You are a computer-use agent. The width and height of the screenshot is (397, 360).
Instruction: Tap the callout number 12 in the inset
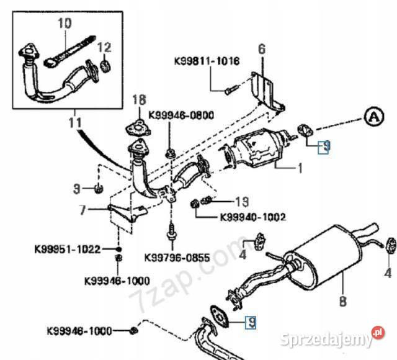(x=104, y=47)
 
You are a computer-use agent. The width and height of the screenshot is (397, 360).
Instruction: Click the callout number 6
(x=261, y=48)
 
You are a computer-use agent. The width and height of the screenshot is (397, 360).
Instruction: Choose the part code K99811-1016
(x=206, y=62)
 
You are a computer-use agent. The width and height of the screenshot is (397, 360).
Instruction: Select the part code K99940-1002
(x=252, y=217)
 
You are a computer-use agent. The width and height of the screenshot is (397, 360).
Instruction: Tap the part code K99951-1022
(x=76, y=250)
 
